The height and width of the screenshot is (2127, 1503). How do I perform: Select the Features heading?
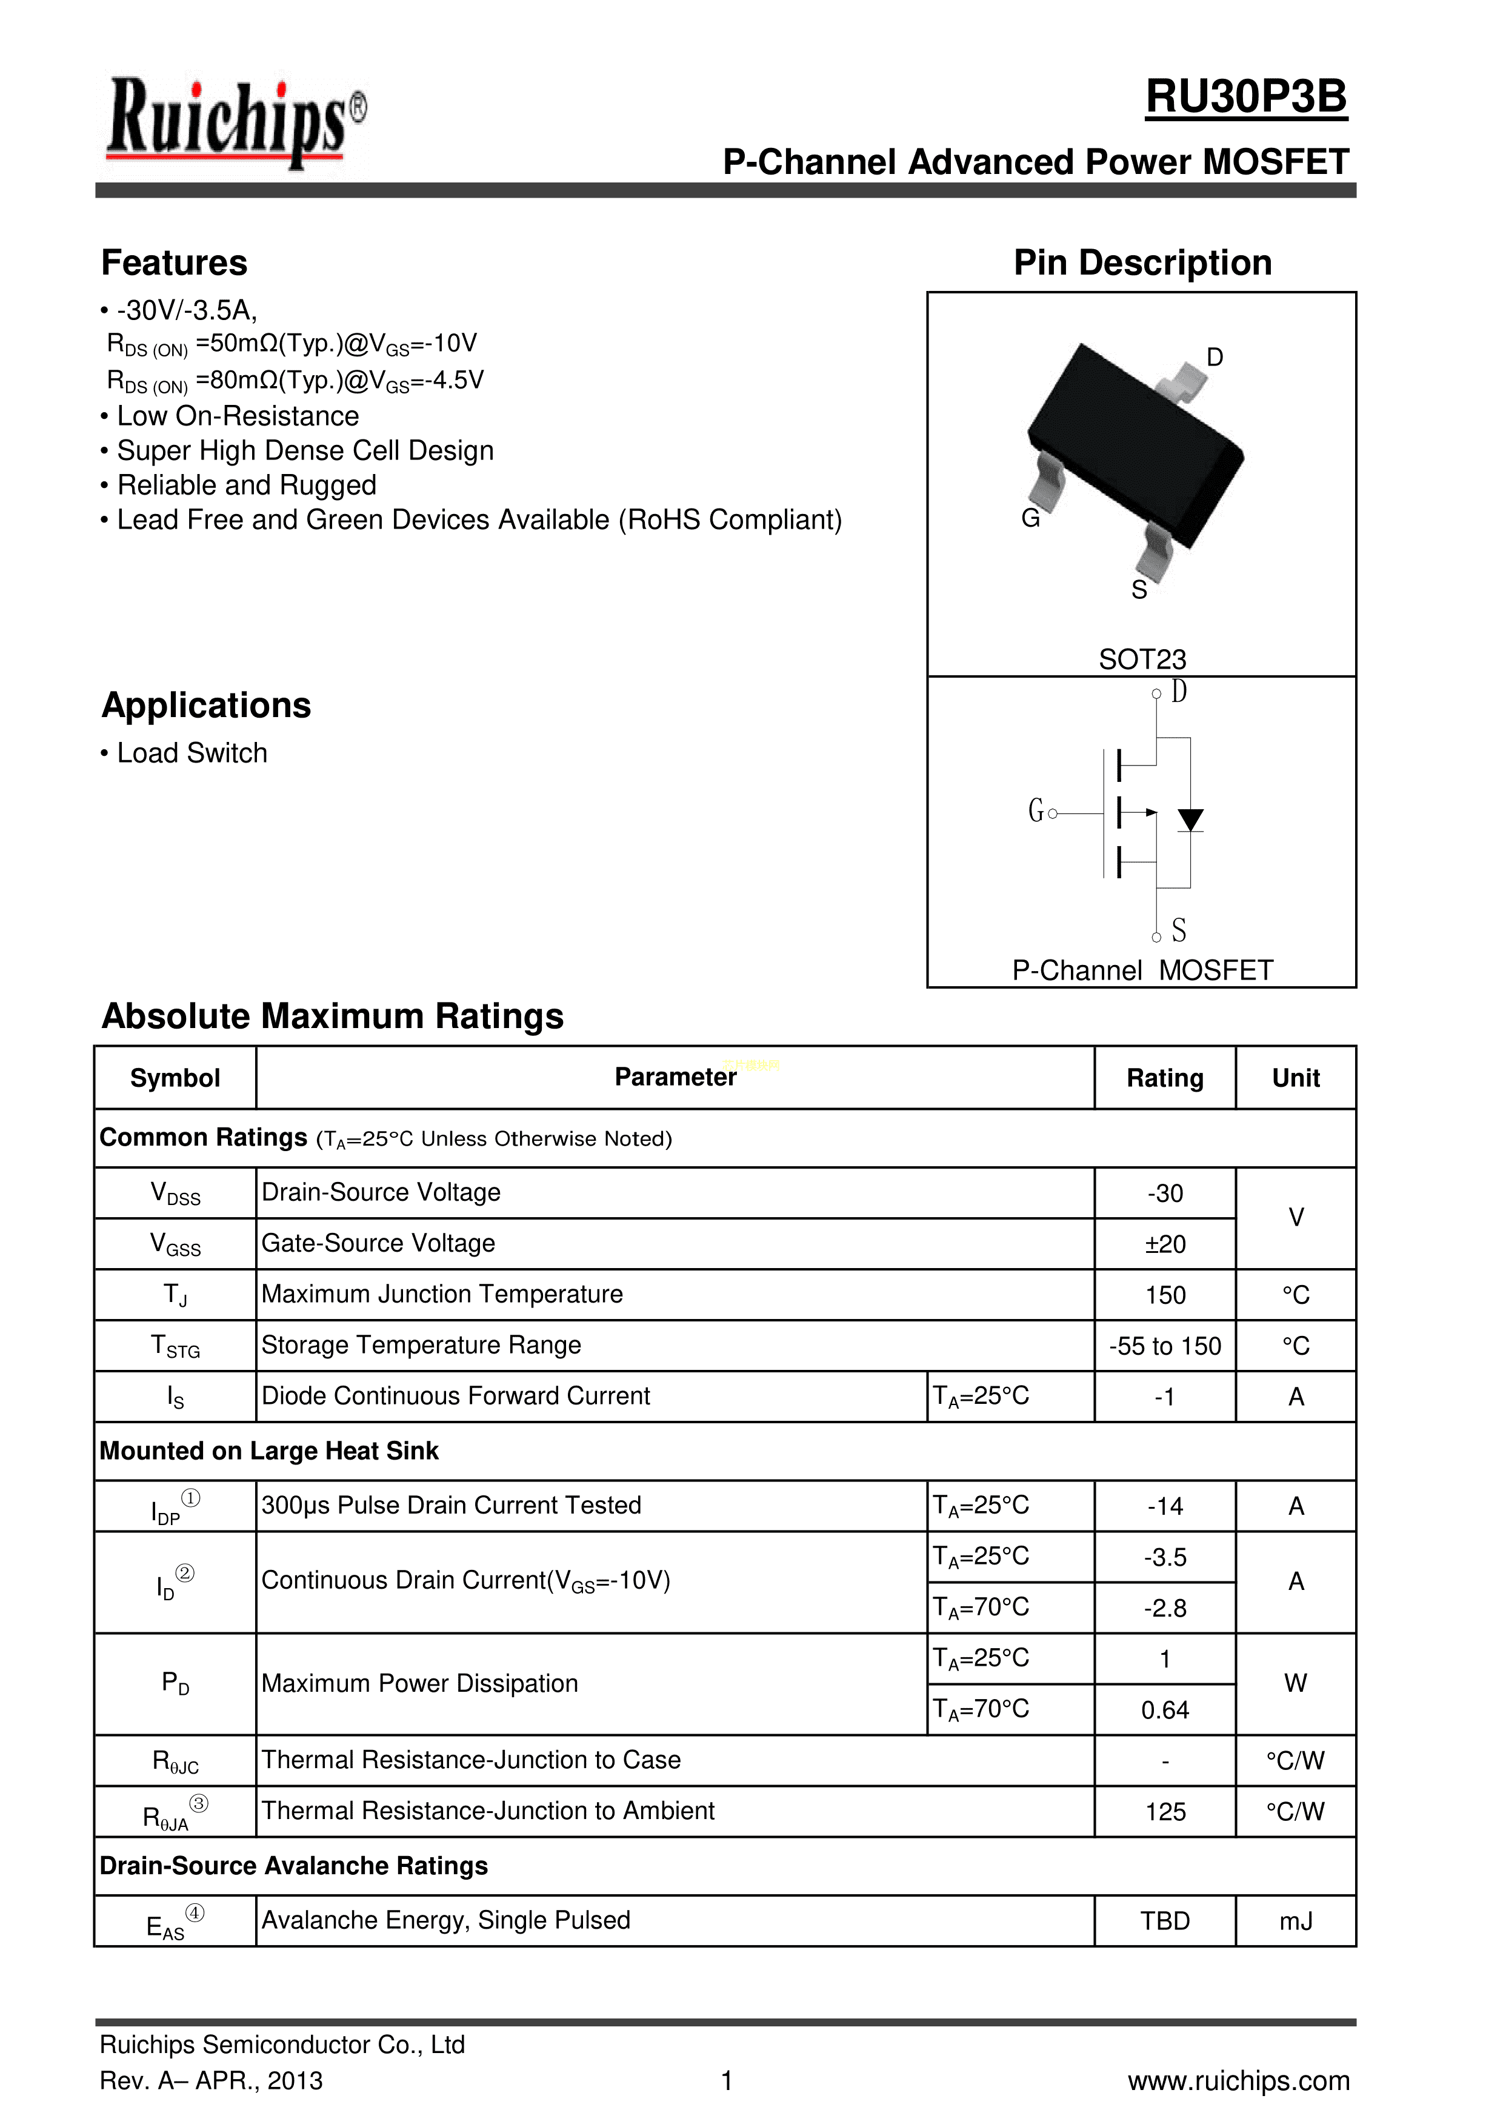pos(174,263)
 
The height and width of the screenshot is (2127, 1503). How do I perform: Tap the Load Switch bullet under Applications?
pos(192,753)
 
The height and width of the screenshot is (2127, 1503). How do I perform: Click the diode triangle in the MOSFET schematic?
pos(1190,819)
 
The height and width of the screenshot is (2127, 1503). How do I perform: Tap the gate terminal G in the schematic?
pos(1037,812)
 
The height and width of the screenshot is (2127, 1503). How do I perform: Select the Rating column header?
pos(1164,1078)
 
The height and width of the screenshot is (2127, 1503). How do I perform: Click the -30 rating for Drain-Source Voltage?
pos(1165,1193)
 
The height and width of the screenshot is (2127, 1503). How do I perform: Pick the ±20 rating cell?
pos(1165,1244)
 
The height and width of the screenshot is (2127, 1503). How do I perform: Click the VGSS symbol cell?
pos(175,1244)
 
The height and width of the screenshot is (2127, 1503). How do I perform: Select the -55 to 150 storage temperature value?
pos(1165,1346)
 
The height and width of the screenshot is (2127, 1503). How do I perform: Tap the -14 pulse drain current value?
pos(1165,1506)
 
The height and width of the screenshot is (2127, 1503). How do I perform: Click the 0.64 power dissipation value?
pos(1165,1710)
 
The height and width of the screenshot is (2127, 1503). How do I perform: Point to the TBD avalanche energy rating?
pos(1165,1922)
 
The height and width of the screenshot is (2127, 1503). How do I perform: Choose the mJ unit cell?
pos(1296,1922)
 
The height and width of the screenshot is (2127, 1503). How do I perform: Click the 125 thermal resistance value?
pos(1165,1812)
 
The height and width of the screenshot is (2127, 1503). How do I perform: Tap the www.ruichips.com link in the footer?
pos(1238,2081)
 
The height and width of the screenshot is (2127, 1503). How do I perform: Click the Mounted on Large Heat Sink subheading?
pos(268,1451)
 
